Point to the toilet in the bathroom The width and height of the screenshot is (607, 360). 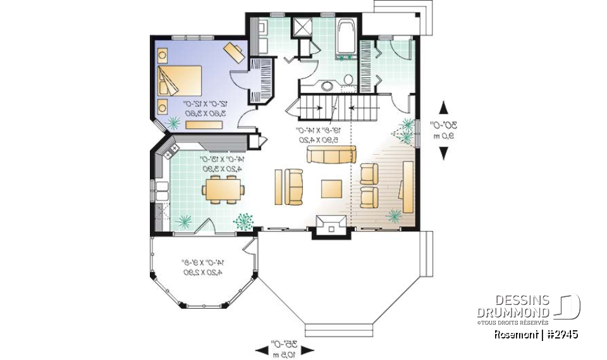[348, 80]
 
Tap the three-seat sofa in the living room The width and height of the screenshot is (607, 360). [331, 154]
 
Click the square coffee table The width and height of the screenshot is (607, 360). [332, 189]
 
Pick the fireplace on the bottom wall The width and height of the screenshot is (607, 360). [333, 224]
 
